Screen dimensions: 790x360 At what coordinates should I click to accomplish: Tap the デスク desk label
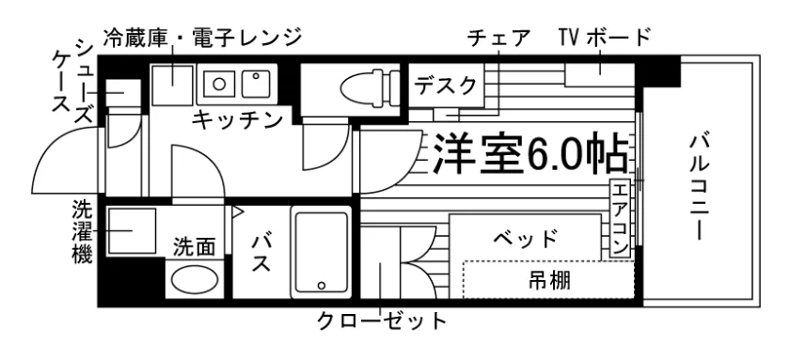coord(446,86)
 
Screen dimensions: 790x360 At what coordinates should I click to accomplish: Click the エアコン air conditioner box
coord(620,217)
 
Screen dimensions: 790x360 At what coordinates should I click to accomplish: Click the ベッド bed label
coord(526,238)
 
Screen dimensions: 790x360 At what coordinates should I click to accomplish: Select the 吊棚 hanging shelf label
coord(549,280)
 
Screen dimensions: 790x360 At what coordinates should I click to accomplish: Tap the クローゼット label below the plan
coord(382,321)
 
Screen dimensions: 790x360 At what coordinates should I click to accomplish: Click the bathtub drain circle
coord(321,285)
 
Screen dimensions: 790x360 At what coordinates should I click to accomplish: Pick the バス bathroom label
coord(261,253)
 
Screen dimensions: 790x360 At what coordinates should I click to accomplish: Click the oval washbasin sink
coord(194,281)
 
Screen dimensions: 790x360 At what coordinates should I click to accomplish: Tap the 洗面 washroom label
coord(195,246)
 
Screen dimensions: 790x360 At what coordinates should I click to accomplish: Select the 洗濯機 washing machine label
coord(82,231)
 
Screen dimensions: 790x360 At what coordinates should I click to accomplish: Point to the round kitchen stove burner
coord(218,83)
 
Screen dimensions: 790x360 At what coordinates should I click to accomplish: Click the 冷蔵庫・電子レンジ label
coord(202,37)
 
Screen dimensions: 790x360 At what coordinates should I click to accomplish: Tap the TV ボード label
coord(605,37)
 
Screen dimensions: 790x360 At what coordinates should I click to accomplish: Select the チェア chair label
coord(498,38)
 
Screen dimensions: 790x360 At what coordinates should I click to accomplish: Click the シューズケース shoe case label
coord(73,81)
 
